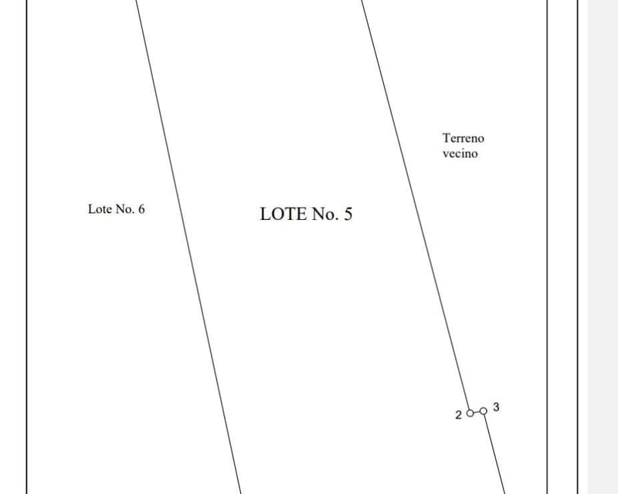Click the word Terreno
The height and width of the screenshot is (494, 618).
point(463,138)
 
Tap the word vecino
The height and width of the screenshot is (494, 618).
point(460,154)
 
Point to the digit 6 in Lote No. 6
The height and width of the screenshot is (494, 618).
point(141,208)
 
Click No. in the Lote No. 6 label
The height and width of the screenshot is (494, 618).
point(124,208)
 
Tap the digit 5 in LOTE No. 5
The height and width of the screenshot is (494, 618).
point(348,214)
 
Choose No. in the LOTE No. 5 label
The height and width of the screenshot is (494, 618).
point(325,214)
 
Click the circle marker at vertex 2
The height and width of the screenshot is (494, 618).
point(470,413)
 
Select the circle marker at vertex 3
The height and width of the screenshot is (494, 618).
point(484,411)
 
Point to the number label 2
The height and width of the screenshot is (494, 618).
point(458,414)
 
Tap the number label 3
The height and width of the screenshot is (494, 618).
point(496,407)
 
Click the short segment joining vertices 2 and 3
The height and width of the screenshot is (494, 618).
point(477,412)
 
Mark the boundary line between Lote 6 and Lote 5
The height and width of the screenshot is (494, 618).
point(188,247)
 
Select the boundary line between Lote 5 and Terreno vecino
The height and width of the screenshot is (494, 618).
point(415,205)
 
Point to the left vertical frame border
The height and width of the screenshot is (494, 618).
point(27,247)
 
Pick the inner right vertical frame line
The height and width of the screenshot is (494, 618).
point(548,247)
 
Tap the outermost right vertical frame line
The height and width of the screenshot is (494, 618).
point(578,247)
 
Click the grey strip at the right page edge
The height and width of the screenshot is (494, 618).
point(603,247)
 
